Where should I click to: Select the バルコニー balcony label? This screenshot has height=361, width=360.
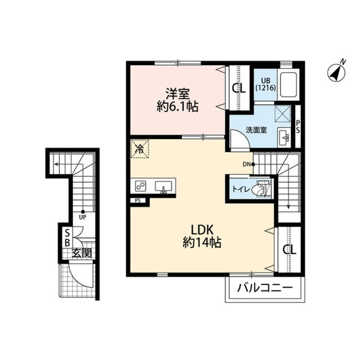pyautogui.click(x=265, y=288)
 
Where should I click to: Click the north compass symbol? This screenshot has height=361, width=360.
pyautogui.click(x=336, y=72)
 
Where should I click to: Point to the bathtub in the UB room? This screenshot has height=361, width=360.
pyautogui.click(x=288, y=85)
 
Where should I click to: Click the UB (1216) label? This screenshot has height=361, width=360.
pyautogui.click(x=265, y=84)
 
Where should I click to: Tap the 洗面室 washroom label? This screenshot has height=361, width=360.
pyautogui.click(x=256, y=130)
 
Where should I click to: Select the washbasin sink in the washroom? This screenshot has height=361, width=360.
pyautogui.click(x=285, y=138)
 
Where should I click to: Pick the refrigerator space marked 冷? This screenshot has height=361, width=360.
pyautogui.click(x=140, y=149)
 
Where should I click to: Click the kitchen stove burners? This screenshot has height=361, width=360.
pyautogui.click(x=140, y=186)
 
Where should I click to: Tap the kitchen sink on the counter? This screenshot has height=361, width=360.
pyautogui.click(x=163, y=187)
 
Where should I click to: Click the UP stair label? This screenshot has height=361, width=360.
pyautogui.click(x=82, y=217)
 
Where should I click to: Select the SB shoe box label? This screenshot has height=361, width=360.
pyautogui.click(x=67, y=238)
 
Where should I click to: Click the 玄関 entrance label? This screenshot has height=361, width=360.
pyautogui.click(x=82, y=253)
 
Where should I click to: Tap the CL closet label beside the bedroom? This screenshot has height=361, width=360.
pyautogui.click(x=239, y=88)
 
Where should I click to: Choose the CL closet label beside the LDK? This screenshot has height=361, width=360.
pyautogui.click(x=290, y=249)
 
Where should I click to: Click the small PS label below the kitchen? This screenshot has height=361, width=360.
pyautogui.click(x=137, y=201)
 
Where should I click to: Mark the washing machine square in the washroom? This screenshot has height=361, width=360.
pyautogui.click(x=283, y=113)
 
